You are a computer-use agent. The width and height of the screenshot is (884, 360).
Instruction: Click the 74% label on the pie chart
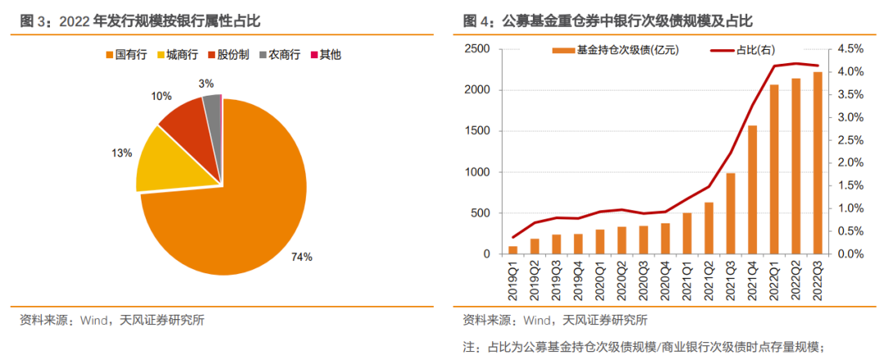click(x=303, y=257)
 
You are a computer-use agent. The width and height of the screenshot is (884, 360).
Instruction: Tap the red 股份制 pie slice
click(x=187, y=123)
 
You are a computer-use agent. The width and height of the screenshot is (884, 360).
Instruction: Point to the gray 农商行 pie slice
click(x=213, y=107)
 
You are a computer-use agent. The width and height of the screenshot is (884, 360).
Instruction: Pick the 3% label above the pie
click(x=206, y=83)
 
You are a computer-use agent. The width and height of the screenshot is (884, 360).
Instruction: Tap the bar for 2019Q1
click(x=513, y=250)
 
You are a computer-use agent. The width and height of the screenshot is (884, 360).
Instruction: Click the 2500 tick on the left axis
click(x=477, y=49)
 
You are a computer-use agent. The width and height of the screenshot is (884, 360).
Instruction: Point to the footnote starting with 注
click(x=647, y=347)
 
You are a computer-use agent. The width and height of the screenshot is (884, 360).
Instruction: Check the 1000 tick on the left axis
click(x=477, y=173)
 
